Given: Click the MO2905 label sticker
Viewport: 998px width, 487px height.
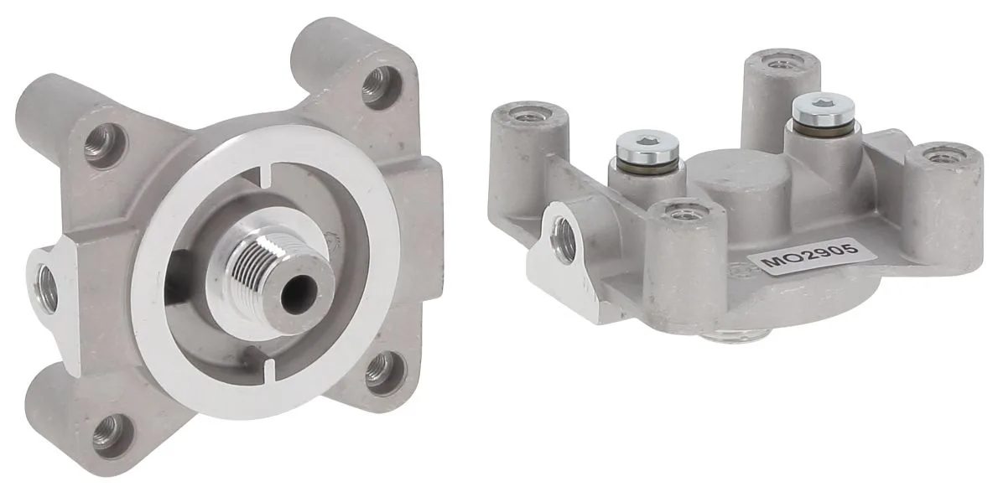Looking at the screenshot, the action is (x=812, y=256).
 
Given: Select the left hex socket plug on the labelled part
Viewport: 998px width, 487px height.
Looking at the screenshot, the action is (x=647, y=147).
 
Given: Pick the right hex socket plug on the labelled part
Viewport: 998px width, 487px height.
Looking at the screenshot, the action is (x=823, y=109).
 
